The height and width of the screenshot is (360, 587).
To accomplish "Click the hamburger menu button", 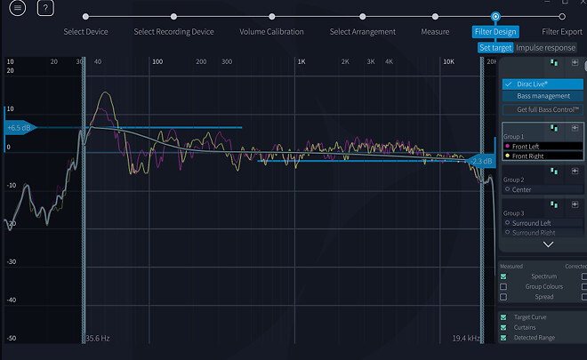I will (18, 9).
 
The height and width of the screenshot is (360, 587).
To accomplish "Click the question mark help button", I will (46, 9).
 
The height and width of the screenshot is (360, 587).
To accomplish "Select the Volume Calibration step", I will (271, 32).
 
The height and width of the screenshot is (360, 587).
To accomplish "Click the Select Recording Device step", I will (173, 32).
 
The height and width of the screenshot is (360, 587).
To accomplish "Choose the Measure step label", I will (435, 32).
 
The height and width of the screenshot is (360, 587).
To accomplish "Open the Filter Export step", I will (562, 32).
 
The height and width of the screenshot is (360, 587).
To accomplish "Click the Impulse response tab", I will (546, 48).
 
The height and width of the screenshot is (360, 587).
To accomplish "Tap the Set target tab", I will (495, 48).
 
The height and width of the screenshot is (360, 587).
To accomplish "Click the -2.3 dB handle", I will (481, 162).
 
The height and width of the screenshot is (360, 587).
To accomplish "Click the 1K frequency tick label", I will (302, 62).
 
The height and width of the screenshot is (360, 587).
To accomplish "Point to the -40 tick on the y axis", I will (11, 300).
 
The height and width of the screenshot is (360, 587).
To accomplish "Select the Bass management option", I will (543, 96).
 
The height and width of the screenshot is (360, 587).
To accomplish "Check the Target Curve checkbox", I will (504, 316).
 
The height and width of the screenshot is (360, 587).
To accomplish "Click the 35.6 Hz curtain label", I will (97, 339).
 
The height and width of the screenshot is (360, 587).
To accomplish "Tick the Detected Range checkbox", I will (504, 338).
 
